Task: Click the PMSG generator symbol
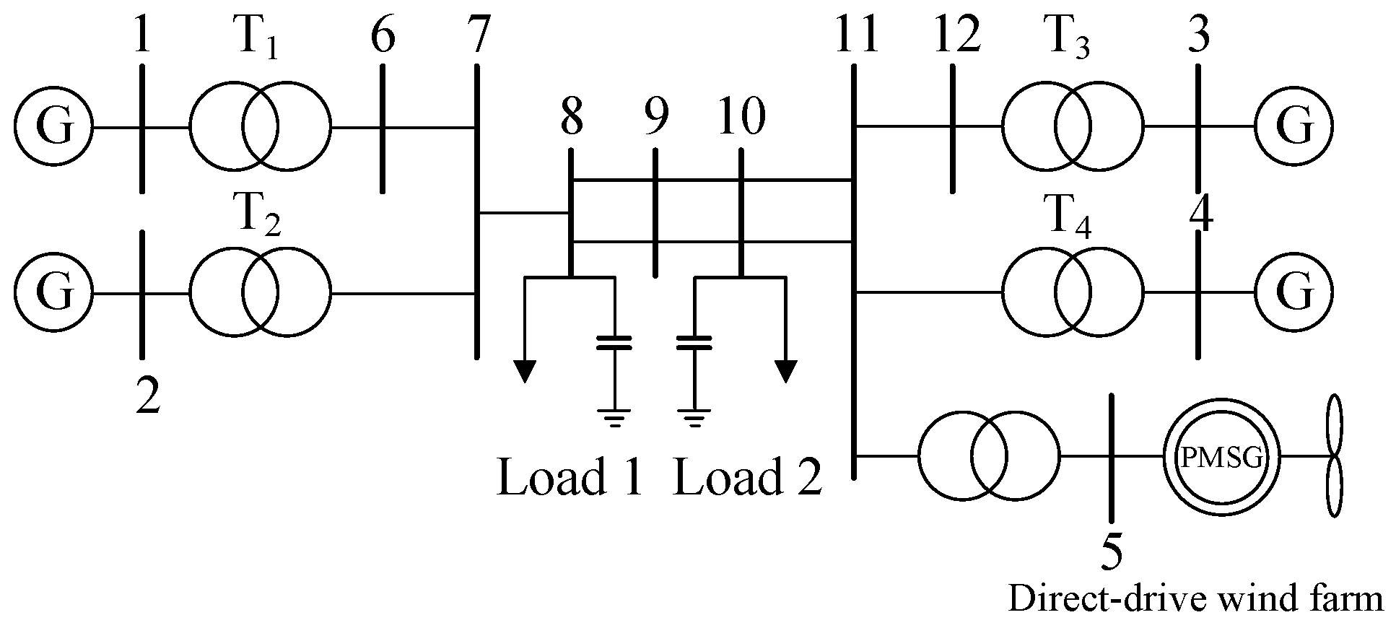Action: [1221, 456]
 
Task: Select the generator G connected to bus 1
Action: [54, 128]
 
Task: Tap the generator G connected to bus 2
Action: [54, 293]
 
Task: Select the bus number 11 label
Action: [856, 36]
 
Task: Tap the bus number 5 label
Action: [1112, 552]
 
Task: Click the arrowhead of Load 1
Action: [525, 370]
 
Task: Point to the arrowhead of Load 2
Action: [785, 370]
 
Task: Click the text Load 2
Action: [747, 477]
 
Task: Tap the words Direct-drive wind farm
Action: [1195, 600]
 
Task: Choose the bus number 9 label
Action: [655, 118]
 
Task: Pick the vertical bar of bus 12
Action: [953, 128]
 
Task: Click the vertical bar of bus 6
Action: [382, 128]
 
